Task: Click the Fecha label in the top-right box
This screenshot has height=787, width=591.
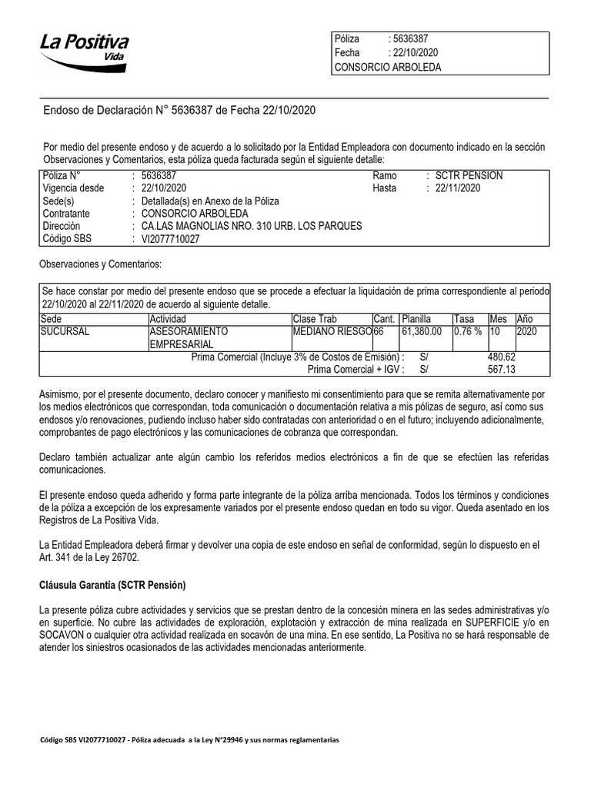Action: click(x=347, y=53)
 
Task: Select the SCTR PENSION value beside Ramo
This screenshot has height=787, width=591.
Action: click(x=469, y=176)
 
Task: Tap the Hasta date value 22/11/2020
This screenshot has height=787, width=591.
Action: click(x=457, y=188)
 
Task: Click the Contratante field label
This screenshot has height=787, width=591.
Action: click(x=67, y=214)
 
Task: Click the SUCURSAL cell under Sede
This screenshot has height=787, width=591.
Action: click(x=65, y=331)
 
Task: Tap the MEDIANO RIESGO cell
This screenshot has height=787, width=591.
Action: click(x=332, y=331)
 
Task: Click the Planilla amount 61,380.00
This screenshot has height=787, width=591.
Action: click(x=421, y=331)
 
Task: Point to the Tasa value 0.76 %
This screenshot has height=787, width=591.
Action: click(x=467, y=331)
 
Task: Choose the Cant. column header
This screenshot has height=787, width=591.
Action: click(x=384, y=319)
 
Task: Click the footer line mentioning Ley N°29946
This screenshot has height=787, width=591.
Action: click(x=189, y=739)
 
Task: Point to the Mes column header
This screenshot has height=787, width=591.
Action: click(x=498, y=319)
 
